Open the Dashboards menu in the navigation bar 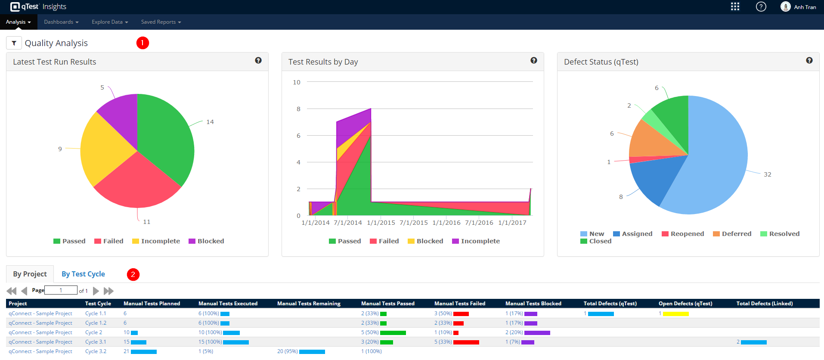[x=61, y=22]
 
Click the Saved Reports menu [x=161, y=22]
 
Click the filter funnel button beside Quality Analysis [x=14, y=43]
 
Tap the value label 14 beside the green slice [x=210, y=122]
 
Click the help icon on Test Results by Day [x=533, y=61]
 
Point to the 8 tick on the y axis [x=298, y=109]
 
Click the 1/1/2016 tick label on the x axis [x=446, y=223]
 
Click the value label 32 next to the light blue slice [x=767, y=174]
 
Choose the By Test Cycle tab [x=83, y=274]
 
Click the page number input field [x=61, y=290]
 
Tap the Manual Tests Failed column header [x=459, y=304]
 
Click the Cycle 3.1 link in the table [x=96, y=342]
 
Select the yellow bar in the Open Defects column [x=675, y=314]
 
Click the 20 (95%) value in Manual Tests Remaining [x=287, y=351]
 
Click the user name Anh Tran [x=805, y=7]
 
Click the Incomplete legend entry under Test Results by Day [x=480, y=241]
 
